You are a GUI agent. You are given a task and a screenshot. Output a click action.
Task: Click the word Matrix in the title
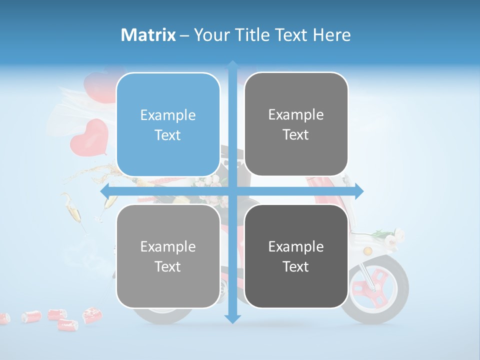click(148, 35)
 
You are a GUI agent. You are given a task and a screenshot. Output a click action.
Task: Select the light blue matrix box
click(168, 124)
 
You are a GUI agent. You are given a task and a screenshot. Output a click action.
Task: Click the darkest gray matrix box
click(296, 256)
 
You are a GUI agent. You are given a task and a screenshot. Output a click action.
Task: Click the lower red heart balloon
click(89, 136)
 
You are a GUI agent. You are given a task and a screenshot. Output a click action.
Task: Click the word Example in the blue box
click(168, 115)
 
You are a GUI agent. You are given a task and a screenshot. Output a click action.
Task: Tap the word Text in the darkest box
click(296, 266)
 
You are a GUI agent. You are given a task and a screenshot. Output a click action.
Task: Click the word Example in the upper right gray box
click(296, 114)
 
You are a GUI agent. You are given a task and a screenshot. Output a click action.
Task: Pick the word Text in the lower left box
click(168, 266)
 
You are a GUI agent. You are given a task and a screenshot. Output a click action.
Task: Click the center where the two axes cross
click(232, 191)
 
